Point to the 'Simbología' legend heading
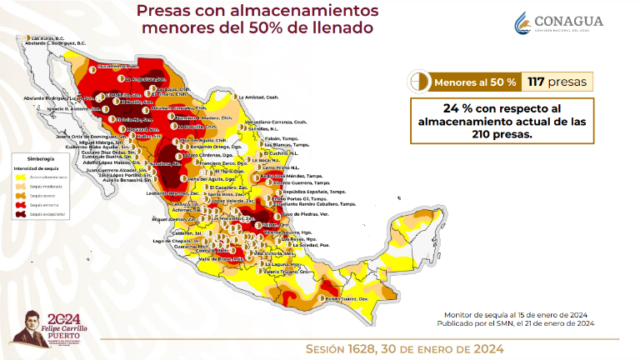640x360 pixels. tap(41, 157)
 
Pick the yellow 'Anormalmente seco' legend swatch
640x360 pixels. tap(21, 177)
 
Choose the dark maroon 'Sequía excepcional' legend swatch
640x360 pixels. tap(21, 214)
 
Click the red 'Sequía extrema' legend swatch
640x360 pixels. tap(21, 205)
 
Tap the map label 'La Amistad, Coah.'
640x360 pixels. tap(258, 97)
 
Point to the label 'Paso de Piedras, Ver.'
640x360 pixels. tap(303, 214)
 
